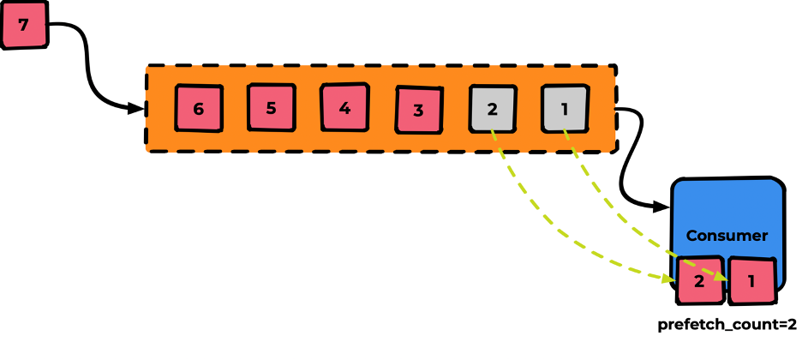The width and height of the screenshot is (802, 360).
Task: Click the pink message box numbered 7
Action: pyautogui.click(x=24, y=25)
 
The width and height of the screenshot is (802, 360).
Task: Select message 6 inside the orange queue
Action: pyautogui.click(x=199, y=108)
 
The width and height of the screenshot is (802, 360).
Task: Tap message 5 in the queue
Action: pyautogui.click(x=271, y=107)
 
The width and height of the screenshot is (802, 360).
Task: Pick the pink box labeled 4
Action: pyautogui.click(x=344, y=107)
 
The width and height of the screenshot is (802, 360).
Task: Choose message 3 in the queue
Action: pyautogui.click(x=418, y=110)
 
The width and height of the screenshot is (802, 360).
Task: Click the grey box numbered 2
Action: pyautogui.click(x=493, y=109)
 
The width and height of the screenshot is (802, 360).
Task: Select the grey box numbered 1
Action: pyautogui.click(x=566, y=109)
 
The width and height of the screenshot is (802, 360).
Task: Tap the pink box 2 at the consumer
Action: pyautogui.click(x=700, y=281)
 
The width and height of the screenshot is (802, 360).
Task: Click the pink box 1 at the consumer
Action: pyautogui.click(x=752, y=281)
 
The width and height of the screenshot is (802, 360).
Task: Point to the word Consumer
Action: pyautogui.click(x=727, y=236)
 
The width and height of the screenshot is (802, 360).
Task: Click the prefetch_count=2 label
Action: pyautogui.click(x=727, y=325)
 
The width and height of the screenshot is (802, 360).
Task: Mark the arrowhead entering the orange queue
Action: pyautogui.click(x=136, y=108)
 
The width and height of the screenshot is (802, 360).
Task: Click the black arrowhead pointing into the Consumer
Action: pyautogui.click(x=661, y=207)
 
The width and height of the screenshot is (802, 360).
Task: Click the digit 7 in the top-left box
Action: pyautogui.click(x=23, y=25)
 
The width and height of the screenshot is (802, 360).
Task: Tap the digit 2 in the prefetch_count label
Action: pyautogui.click(x=793, y=324)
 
